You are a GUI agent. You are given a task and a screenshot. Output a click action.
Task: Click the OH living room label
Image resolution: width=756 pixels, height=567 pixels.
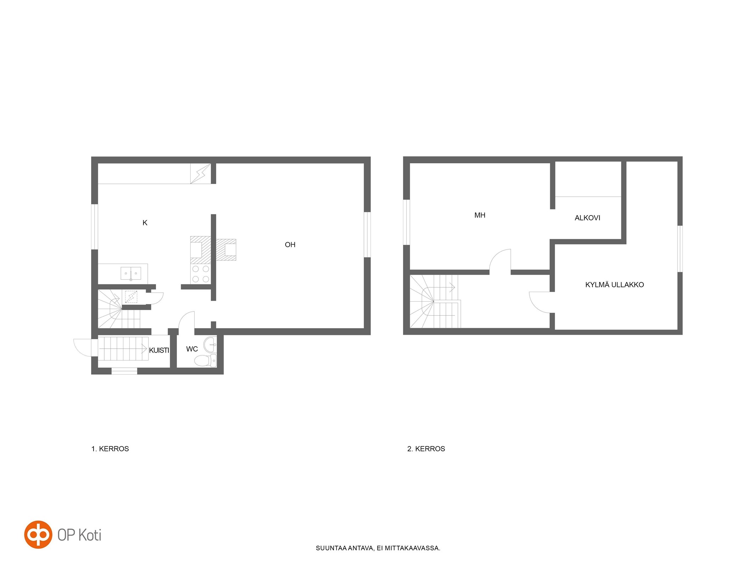tap(290, 245)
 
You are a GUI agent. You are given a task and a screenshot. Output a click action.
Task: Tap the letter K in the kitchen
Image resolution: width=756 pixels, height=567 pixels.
tap(145, 223)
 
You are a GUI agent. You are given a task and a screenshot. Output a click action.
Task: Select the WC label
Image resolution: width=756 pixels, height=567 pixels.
tap(192, 349)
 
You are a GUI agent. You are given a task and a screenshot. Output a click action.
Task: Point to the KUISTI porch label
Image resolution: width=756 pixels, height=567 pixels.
tap(159, 350)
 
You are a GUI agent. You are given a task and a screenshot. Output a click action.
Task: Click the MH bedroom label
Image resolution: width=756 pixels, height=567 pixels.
tap(480, 215)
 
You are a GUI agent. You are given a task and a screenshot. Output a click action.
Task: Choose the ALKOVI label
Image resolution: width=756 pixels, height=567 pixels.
tap(587, 218)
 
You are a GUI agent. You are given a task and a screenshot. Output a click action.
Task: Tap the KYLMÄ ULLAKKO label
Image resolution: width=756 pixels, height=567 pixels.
tap(614, 285)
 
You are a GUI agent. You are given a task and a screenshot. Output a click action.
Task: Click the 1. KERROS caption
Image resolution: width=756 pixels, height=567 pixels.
tap(110, 449)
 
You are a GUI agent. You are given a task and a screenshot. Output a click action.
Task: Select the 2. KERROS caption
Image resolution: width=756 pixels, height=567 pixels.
tap(426, 449)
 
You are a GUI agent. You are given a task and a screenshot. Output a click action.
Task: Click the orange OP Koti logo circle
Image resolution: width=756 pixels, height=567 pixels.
tap(38, 534)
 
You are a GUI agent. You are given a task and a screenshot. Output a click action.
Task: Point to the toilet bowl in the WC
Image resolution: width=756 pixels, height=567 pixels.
tap(205, 360)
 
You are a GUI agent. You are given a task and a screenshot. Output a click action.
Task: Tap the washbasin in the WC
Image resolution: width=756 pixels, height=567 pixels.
tap(210, 344)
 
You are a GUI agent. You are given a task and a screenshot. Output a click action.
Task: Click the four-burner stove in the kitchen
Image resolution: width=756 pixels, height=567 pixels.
tap(201, 274)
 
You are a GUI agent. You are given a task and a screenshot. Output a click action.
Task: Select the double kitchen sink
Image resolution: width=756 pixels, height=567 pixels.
tap(131, 273)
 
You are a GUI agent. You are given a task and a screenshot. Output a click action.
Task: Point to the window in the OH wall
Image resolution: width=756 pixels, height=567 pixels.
tap(367, 235)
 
